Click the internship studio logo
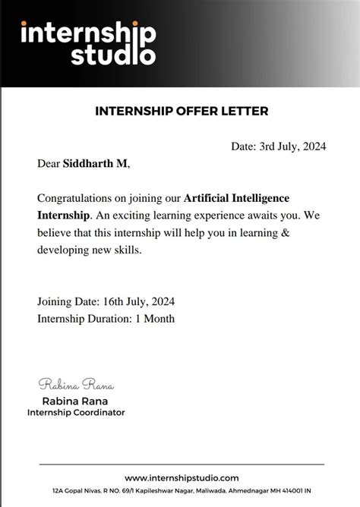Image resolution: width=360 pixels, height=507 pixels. click(x=88, y=43)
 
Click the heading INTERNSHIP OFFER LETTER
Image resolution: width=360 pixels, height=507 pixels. click(x=182, y=111)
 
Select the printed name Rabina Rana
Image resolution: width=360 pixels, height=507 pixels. click(x=76, y=401)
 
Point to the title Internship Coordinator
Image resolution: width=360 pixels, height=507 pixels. click(x=76, y=412)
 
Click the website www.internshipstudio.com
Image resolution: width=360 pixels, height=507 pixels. click(x=182, y=477)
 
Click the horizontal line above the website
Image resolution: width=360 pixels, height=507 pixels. click(x=182, y=464)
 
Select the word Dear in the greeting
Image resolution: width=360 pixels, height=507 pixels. click(x=49, y=163)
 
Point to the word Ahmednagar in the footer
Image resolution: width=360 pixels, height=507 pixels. click(x=244, y=491)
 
